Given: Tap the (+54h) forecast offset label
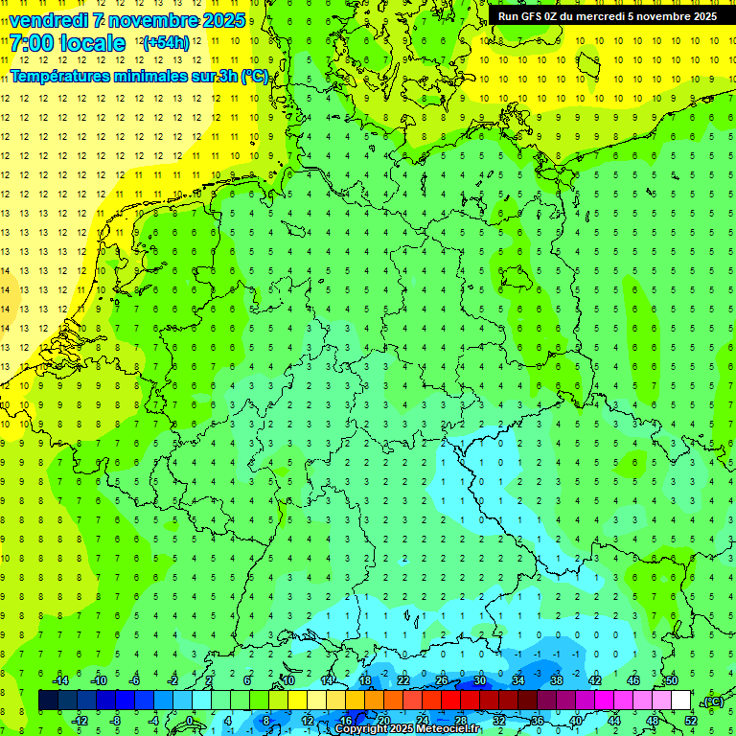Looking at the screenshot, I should coord(165,43).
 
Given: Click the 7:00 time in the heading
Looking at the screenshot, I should coord(32,43).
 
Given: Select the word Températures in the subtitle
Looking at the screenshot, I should coord(58,77).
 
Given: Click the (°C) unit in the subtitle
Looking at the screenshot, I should coord(254,77).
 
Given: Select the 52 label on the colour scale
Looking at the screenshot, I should coord(690,720).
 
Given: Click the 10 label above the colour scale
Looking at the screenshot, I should coord(287,679).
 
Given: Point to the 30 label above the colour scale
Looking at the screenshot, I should coord(479,679).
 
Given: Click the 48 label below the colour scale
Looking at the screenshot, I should coord(652,720).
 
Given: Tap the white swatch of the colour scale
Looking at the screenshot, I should coord(680,701).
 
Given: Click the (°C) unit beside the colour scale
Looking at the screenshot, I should coord(713,701).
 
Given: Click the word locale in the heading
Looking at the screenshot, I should coord(91,43).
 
